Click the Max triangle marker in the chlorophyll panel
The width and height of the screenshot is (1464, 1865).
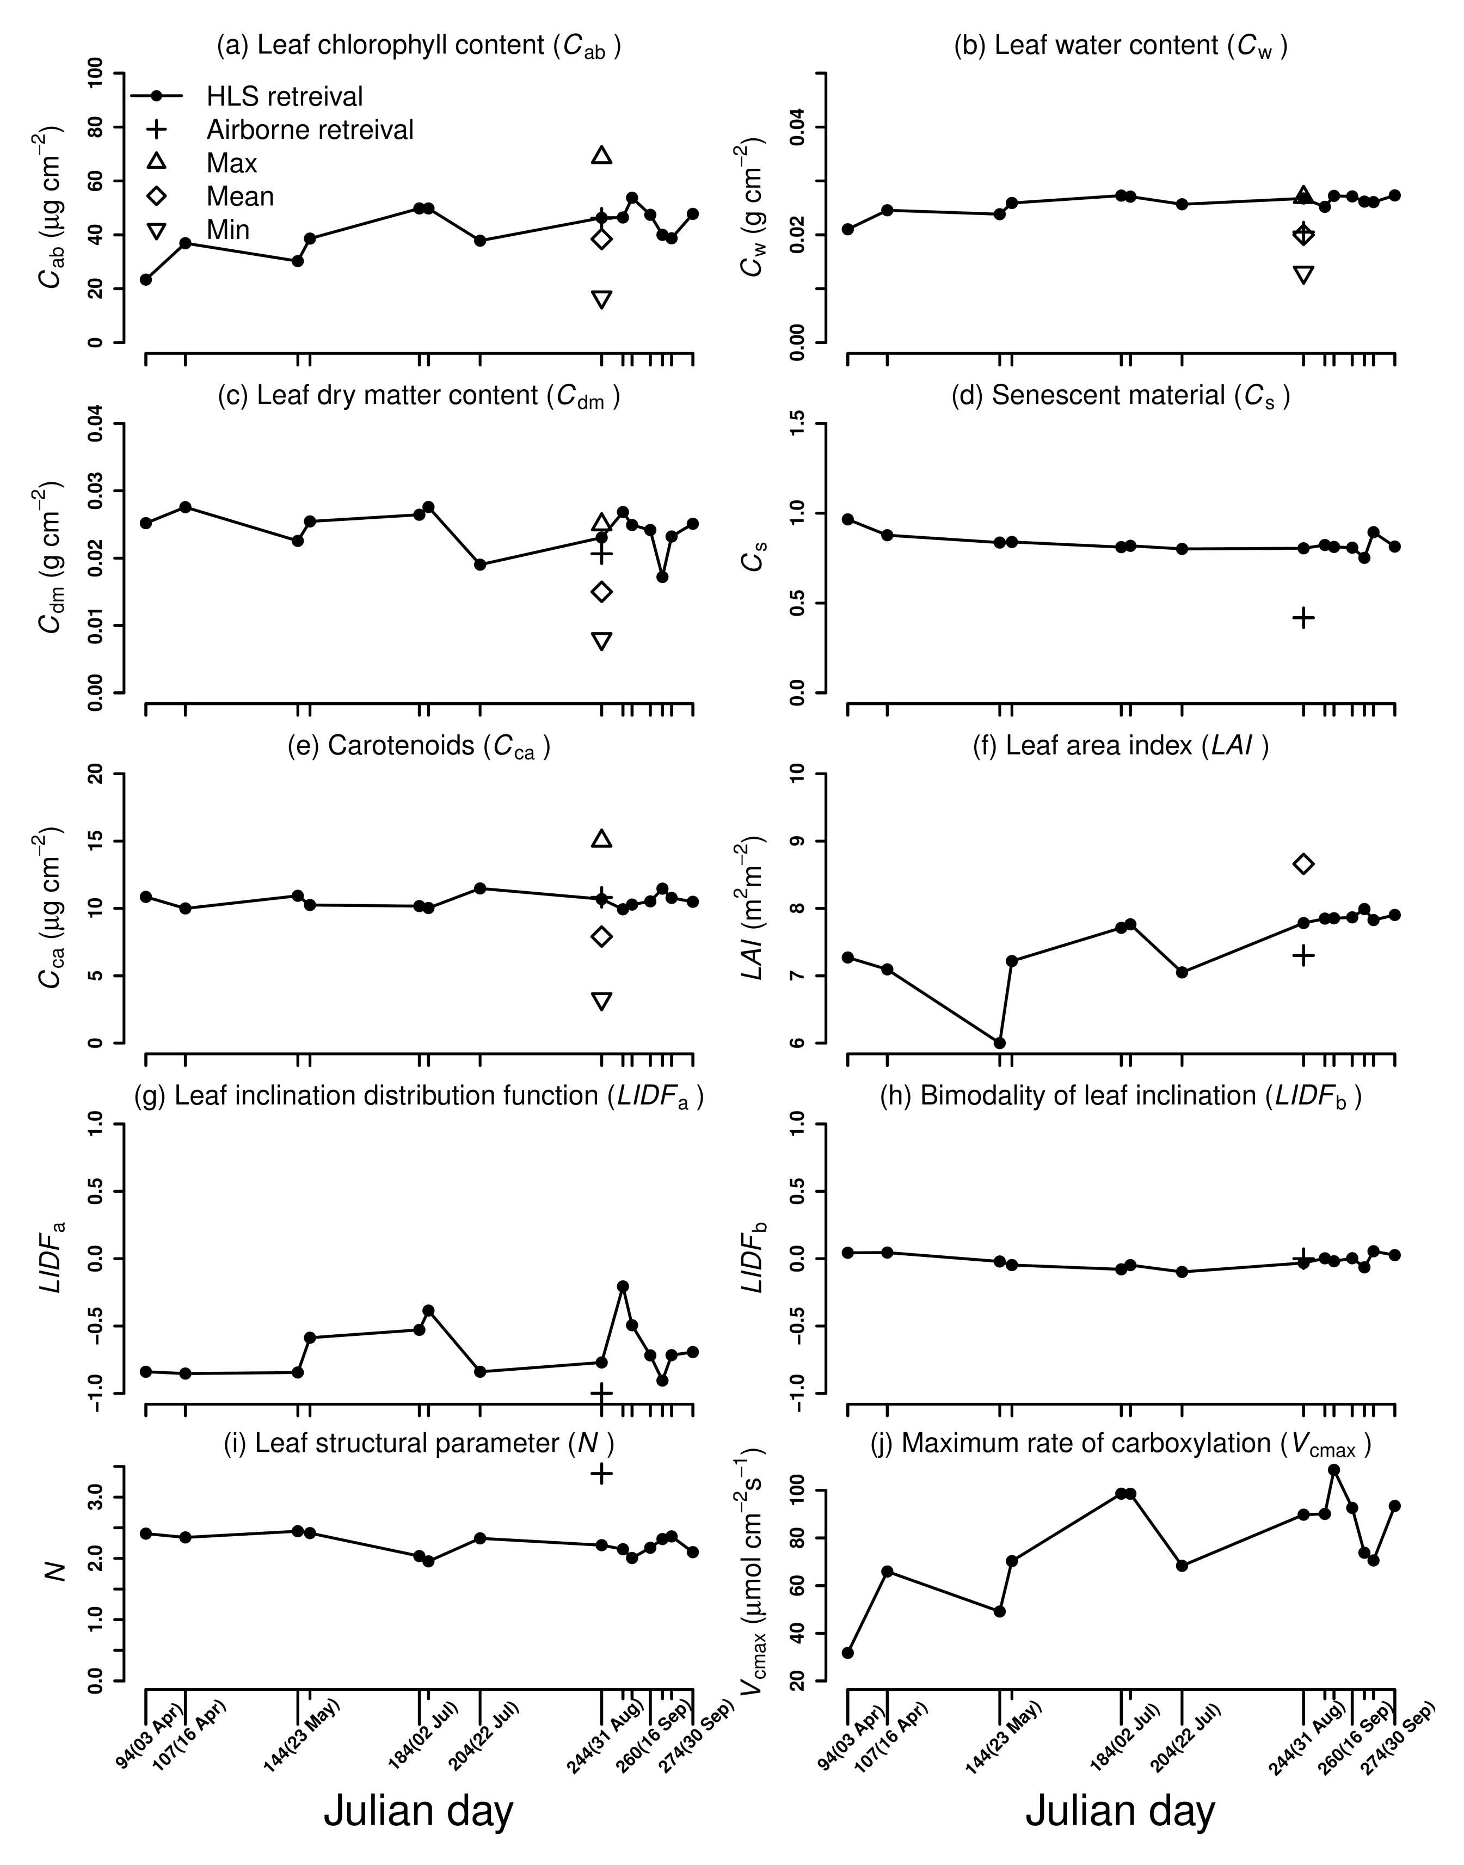[x=602, y=155]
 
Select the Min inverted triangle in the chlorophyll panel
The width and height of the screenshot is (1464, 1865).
[x=602, y=298]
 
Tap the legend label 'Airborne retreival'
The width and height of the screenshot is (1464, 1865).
[x=310, y=130]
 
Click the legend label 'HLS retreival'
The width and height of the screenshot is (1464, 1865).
[x=285, y=96]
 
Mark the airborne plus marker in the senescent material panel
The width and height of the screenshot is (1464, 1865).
[x=1303, y=617]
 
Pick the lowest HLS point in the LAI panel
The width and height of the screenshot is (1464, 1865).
[x=999, y=1042]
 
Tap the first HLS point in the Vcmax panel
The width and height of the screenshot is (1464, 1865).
[x=848, y=1652]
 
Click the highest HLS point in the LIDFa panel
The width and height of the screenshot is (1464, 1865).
[x=623, y=1286]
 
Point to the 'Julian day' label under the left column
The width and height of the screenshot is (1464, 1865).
[x=419, y=1811]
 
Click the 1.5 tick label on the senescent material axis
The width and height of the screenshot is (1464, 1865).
[x=797, y=424]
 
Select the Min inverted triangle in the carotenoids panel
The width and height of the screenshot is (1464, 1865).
[x=602, y=1001]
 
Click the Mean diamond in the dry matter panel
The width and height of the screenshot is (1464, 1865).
[x=602, y=592]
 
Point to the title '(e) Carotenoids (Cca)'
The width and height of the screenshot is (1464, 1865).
[x=419, y=746]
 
